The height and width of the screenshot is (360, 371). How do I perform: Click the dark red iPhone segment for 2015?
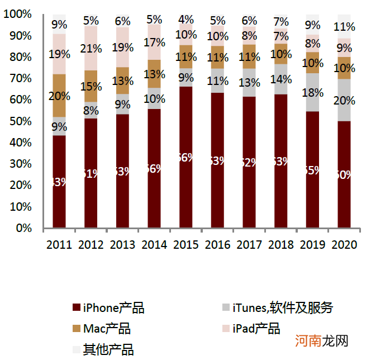[x=186, y=157]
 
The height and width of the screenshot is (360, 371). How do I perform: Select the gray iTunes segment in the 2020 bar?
[x=344, y=100]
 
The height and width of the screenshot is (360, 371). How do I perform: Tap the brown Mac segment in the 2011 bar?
[x=59, y=96]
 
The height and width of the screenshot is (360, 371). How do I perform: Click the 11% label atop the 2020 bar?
[x=344, y=27]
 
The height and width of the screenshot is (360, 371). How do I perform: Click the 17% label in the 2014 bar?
[x=155, y=42]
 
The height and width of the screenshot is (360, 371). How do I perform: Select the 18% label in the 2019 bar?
[x=313, y=92]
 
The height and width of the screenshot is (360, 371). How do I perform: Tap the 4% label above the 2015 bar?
[x=187, y=19]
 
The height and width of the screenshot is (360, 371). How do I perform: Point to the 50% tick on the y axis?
[x=20, y=121]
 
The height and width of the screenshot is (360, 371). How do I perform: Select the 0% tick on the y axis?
[x=23, y=228]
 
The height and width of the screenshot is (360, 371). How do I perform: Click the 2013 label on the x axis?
[x=123, y=245]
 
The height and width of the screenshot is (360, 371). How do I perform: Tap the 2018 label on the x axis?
[x=281, y=245]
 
